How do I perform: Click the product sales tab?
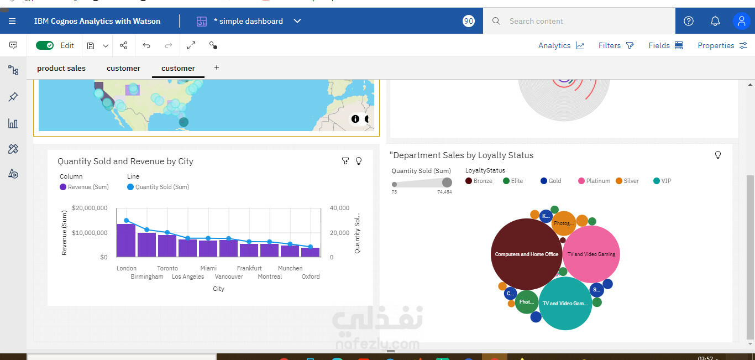click(61, 68)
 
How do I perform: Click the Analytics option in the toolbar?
click(560, 45)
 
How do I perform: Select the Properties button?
click(722, 45)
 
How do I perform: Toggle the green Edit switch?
click(45, 45)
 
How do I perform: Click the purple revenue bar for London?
click(126, 241)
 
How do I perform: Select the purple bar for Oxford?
click(310, 252)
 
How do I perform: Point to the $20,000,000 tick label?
click(90, 208)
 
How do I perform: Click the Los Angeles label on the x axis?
click(188, 276)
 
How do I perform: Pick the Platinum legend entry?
click(597, 181)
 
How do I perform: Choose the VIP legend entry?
click(665, 181)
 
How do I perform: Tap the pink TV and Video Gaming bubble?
click(591, 254)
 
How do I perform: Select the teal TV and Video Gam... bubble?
click(565, 304)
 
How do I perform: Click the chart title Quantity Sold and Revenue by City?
click(125, 161)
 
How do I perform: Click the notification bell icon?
click(715, 21)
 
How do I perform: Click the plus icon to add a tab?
click(217, 67)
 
